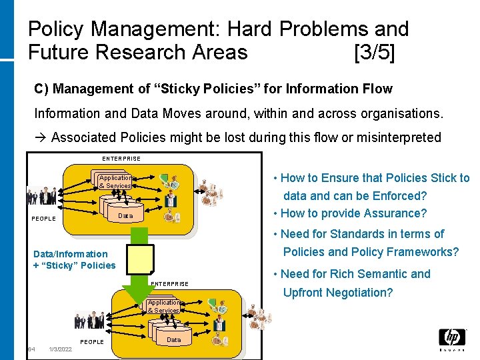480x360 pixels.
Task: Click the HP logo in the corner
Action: pyautogui.click(x=452, y=339)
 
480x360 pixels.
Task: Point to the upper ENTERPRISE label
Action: pyautogui.click(x=121, y=159)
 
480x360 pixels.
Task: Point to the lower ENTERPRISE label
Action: pyautogui.click(x=169, y=284)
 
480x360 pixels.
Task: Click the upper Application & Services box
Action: pyautogui.click(x=115, y=181)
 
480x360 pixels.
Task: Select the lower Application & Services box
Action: pyautogui.click(x=163, y=306)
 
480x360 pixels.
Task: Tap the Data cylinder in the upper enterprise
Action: pyautogui.click(x=125, y=216)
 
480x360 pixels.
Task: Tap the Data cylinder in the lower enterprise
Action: pyautogui.click(x=173, y=339)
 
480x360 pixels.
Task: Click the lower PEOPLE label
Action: pyautogui.click(x=92, y=342)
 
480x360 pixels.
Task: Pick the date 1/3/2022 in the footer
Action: pyautogui.click(x=61, y=349)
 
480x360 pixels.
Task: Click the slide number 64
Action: pyautogui.click(x=31, y=349)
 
